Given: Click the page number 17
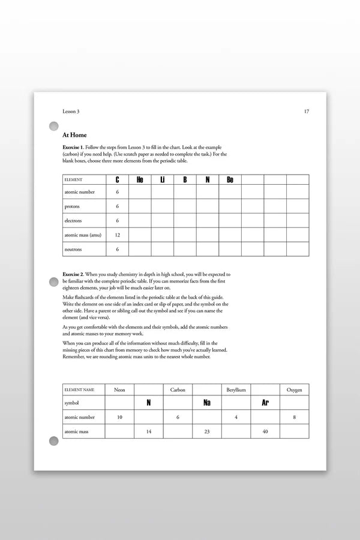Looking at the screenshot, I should click(x=307, y=111).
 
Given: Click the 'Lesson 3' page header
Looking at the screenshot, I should click(x=71, y=111).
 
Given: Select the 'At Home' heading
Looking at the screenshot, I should click(x=74, y=135).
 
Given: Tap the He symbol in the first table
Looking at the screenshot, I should click(x=140, y=179).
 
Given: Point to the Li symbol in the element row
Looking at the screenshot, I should click(x=162, y=179).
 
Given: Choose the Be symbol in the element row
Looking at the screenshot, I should click(x=230, y=179).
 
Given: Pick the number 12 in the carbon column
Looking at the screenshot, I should click(x=118, y=235).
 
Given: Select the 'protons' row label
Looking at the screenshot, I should click(x=72, y=206).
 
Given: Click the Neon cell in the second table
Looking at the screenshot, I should click(x=119, y=390).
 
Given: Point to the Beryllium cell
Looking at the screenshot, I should click(x=236, y=390).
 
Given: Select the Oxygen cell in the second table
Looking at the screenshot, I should click(x=295, y=390).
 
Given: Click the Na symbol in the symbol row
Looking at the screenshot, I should click(x=207, y=403).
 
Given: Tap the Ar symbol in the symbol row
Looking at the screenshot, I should click(x=265, y=403).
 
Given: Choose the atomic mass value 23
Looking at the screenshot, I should click(x=207, y=431).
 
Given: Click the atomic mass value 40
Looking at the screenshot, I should click(x=265, y=431).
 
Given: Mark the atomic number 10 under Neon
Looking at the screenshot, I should click(x=119, y=417).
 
